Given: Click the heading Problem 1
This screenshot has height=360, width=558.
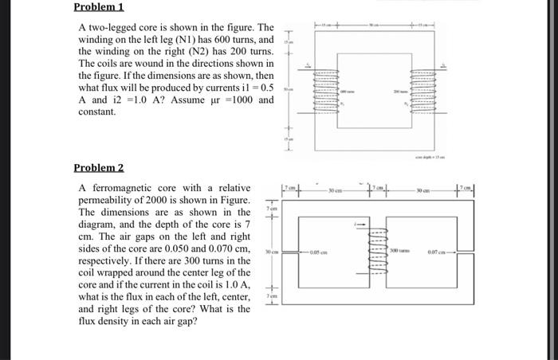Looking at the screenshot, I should [99, 7].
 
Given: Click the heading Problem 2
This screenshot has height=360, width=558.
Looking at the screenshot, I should [99, 168].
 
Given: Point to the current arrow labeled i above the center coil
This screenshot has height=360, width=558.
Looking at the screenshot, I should [361, 225].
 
